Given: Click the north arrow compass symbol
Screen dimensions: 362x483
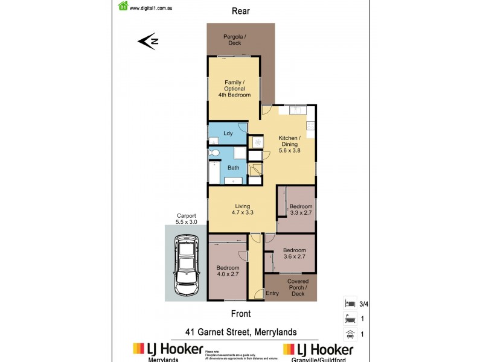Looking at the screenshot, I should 148,42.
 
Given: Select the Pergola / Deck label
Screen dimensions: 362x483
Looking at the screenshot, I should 235,40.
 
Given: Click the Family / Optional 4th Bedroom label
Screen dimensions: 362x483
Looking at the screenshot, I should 235,89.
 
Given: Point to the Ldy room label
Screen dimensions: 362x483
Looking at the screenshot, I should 228,133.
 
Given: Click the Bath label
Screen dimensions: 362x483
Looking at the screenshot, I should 233,168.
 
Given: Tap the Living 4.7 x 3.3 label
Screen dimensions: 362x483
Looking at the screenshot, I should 242,209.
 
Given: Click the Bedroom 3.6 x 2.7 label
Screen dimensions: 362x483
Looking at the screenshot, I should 295,254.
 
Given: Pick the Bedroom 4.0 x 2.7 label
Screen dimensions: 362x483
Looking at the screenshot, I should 228,271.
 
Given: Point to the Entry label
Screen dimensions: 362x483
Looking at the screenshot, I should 272,294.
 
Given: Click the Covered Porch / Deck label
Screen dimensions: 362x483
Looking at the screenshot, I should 298,287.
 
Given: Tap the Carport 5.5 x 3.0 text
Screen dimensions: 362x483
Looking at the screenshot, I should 187,218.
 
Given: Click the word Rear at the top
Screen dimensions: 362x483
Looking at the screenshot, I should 241,11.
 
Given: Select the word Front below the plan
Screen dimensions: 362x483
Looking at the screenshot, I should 240,314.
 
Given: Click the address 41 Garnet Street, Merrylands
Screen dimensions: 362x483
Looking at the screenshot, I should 241,332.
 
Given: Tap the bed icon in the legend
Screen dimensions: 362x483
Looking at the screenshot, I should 348,303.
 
